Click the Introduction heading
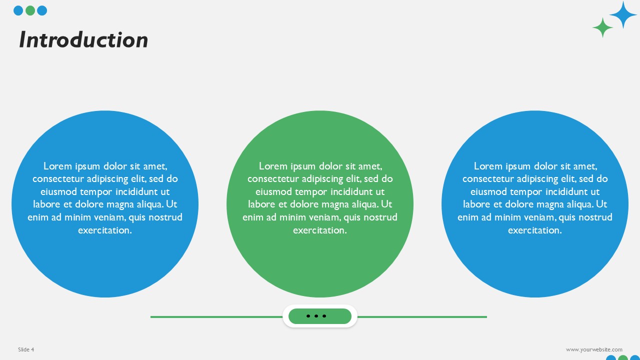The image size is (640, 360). pos(83,40)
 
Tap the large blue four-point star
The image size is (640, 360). pos(623,15)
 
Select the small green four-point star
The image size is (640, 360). pos(602,27)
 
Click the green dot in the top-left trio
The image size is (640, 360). pos(30,10)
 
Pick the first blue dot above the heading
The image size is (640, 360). pos(18,10)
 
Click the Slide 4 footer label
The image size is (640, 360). pos(26,349)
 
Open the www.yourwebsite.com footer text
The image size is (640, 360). pos(594,349)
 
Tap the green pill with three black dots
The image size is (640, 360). pos(320,316)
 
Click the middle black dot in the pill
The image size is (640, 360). pos(316,316)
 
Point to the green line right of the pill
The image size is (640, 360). pos(422,316)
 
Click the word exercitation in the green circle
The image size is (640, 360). pos(319,230)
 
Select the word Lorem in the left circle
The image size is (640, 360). pos(57,166)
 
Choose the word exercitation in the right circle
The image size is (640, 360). pos(534,230)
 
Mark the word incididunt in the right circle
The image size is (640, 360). pos(562,192)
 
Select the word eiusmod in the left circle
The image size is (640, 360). pos(59,192)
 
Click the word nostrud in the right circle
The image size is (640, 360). pos(595,217)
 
